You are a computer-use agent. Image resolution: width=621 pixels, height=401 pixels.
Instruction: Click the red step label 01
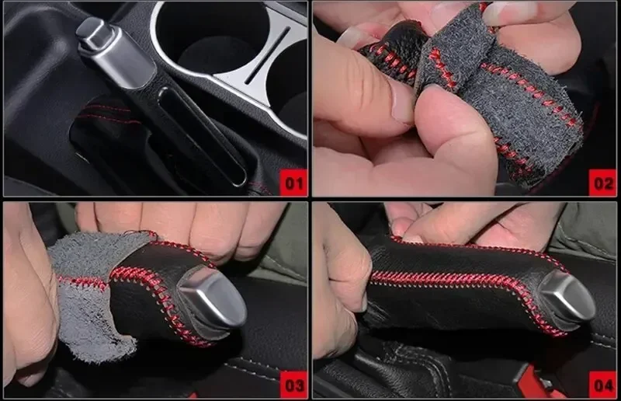[x=293, y=183]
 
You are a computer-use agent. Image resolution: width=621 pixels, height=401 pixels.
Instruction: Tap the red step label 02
[x=602, y=183]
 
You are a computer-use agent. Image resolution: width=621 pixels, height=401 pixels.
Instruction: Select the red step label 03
[x=293, y=385]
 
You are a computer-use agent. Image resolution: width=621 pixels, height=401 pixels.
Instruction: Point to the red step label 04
[x=602, y=385]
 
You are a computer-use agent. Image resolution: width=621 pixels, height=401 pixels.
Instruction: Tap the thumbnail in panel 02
[x=402, y=104]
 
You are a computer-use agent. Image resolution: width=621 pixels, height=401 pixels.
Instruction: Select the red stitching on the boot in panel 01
[x=108, y=114]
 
